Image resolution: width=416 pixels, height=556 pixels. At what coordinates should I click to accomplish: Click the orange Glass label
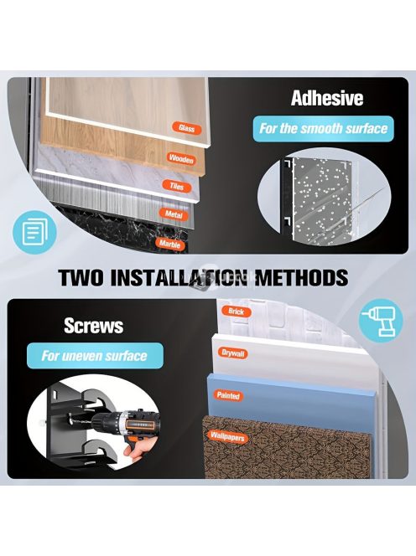[x=187, y=128]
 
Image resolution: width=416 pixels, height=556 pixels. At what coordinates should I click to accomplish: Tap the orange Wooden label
[x=181, y=158]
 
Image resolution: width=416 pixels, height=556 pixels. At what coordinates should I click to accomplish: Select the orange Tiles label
[x=177, y=186]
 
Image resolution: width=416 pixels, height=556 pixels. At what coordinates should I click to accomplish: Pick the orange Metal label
[x=174, y=214]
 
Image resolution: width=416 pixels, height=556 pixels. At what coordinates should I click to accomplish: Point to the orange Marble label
[x=169, y=244]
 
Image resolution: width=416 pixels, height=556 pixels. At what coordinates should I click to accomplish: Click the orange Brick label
[x=237, y=311]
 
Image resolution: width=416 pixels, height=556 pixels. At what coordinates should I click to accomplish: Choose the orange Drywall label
[x=232, y=353]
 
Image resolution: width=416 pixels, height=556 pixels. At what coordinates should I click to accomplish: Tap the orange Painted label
[x=228, y=395]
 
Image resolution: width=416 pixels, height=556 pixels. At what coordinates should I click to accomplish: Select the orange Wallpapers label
[x=227, y=436]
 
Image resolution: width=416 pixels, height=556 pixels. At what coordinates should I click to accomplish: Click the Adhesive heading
[x=327, y=98]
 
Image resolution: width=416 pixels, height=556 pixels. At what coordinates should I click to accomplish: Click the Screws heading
[x=94, y=326]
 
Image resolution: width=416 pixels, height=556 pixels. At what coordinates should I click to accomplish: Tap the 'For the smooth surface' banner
[x=323, y=129]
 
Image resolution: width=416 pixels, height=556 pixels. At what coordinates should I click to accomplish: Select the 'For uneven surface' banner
[x=95, y=356]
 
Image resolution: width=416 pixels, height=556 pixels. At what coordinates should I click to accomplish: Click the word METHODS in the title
[x=302, y=277]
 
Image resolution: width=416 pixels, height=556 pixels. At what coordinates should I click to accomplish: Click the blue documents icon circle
[x=34, y=232]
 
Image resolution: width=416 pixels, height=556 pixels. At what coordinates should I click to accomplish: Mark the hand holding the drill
[x=140, y=450]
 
